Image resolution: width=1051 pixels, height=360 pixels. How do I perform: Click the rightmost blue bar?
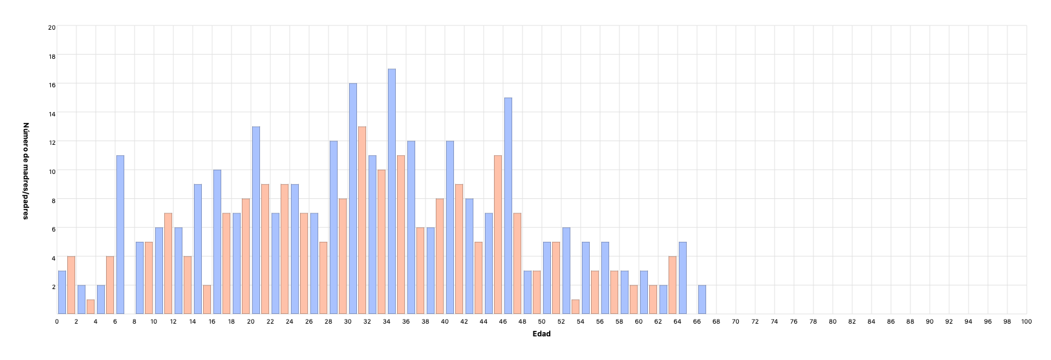pos(702,299)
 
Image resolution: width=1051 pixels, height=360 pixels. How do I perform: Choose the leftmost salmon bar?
pos(72,285)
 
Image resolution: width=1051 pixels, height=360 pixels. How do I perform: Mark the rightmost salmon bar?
pos(673,285)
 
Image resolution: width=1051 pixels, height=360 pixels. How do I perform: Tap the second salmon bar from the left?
pos(90,307)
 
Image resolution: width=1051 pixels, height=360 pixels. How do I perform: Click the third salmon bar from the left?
pos(110,285)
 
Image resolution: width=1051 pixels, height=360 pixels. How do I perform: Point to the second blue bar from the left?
pos(81,299)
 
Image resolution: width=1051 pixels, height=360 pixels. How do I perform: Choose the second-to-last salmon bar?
pos(653,299)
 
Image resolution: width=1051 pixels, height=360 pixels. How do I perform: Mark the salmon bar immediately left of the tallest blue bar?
pos(381,242)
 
